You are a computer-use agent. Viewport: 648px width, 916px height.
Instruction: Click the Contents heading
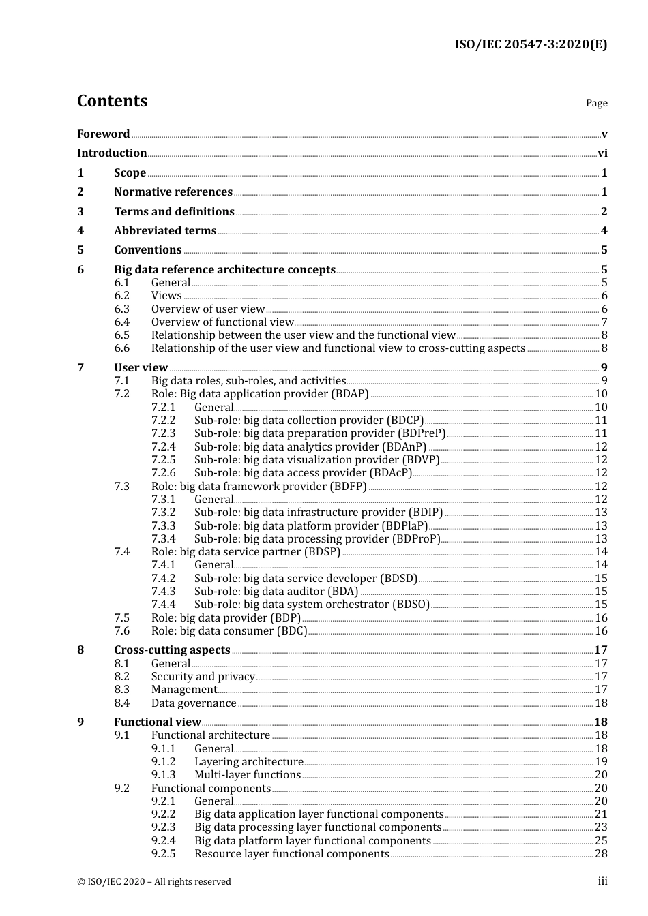112,101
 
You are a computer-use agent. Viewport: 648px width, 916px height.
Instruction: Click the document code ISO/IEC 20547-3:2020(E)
531,44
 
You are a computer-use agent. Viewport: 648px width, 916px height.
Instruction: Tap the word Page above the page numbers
596,103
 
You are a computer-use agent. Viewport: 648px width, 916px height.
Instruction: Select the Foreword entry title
103,134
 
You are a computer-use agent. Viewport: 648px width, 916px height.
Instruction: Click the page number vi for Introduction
602,153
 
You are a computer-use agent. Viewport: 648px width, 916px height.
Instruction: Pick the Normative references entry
173,192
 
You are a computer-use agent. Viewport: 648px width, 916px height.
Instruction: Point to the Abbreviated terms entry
165,231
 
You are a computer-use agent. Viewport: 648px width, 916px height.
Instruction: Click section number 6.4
122,322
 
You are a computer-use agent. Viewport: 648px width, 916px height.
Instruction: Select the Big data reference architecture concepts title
224,270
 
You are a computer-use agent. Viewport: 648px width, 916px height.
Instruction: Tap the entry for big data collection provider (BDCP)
309,421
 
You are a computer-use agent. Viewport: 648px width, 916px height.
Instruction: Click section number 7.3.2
163,513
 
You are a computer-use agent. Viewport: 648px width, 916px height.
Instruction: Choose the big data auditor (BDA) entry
276,592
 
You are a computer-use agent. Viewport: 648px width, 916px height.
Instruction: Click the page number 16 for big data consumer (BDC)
601,631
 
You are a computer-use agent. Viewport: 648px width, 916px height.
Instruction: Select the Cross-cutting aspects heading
172,650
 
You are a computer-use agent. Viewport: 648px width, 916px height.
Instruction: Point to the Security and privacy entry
203,677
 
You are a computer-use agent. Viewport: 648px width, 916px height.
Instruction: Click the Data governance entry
194,703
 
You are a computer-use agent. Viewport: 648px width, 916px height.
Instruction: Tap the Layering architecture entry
249,762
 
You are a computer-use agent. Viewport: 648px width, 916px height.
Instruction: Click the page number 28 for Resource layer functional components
601,854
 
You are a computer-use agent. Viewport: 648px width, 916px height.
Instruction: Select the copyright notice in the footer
154,882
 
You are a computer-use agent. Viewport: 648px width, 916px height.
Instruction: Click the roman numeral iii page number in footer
602,882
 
